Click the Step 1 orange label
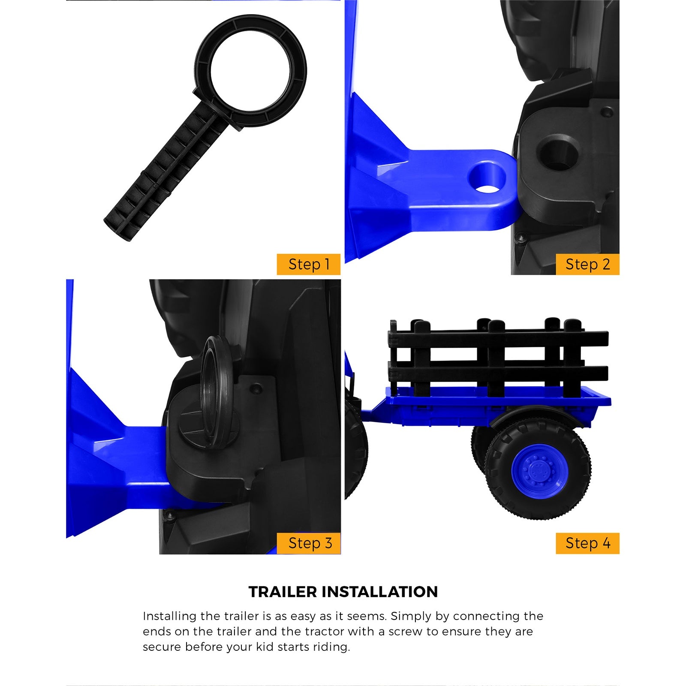click(309, 264)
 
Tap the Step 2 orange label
click(587, 264)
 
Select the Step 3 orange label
click(309, 543)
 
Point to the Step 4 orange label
click(587, 543)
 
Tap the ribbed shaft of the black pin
click(163, 171)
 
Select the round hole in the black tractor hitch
click(558, 153)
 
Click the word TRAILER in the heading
click(283, 592)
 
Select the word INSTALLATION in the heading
click(380, 592)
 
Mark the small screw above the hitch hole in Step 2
click(606, 112)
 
